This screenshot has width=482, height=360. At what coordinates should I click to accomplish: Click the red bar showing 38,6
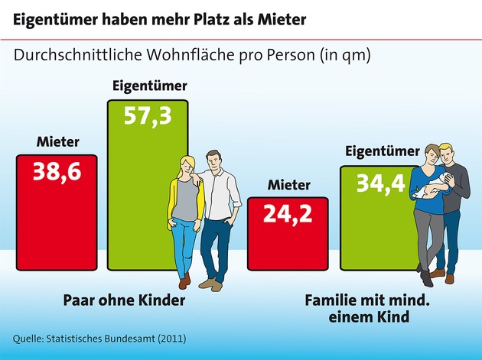coord(57,222)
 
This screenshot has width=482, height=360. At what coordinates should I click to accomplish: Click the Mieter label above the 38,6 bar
coord(57,141)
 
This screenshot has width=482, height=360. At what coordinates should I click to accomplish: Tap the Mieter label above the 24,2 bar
coord(289,185)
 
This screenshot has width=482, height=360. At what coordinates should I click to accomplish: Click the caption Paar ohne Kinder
coord(123,300)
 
